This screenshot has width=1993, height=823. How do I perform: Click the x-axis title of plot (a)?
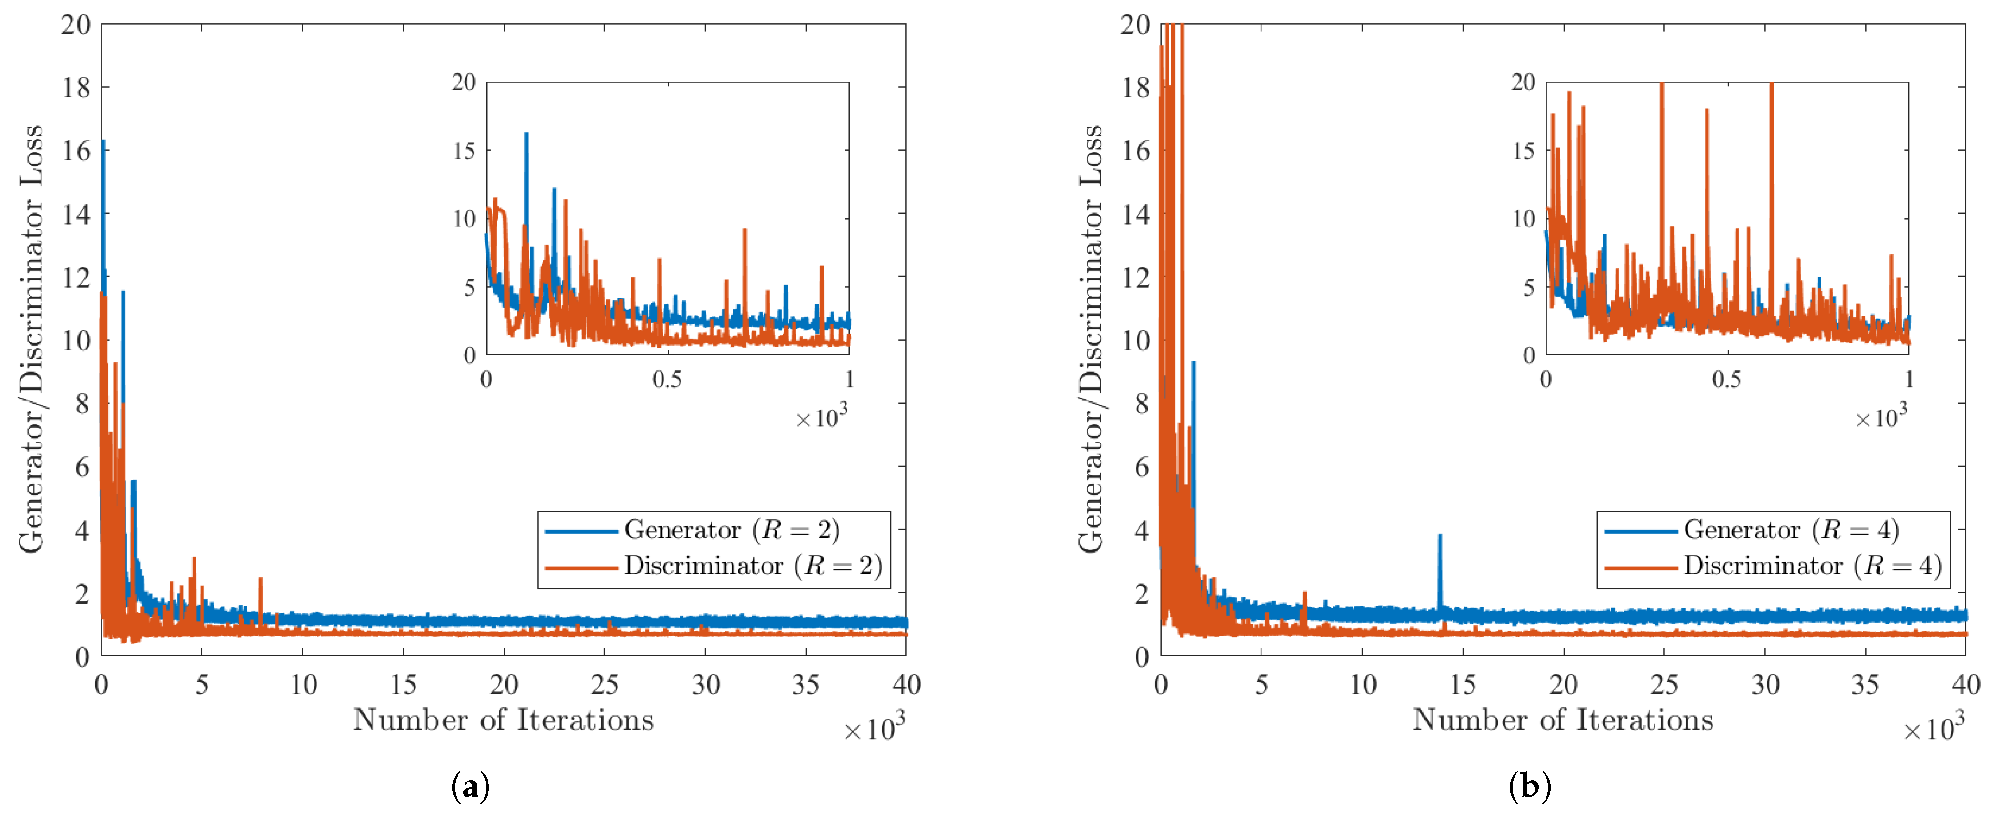click(504, 720)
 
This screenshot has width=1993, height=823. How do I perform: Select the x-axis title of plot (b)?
click(1563, 720)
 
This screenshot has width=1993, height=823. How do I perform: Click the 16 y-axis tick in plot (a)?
click(77, 150)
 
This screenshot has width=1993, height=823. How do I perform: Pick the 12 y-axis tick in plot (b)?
click(1136, 277)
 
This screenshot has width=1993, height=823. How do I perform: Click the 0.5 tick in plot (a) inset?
click(667, 380)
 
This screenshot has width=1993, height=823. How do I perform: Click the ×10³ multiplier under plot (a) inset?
click(822, 418)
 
